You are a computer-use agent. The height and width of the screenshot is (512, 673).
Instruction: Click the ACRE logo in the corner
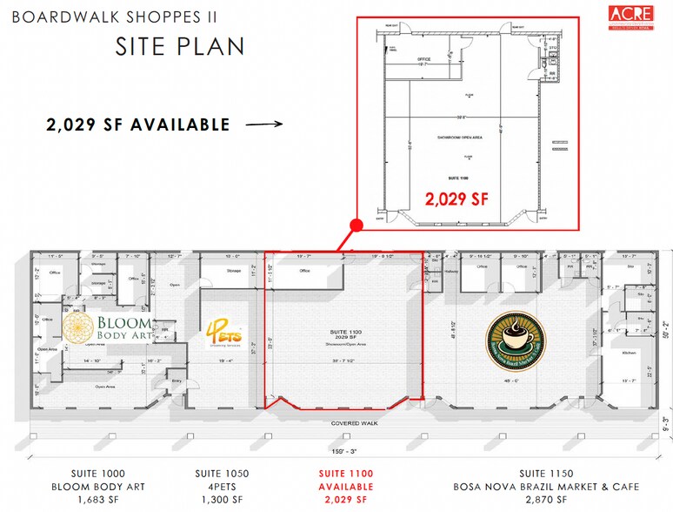tap(631, 18)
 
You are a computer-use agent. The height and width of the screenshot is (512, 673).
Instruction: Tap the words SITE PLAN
tap(179, 46)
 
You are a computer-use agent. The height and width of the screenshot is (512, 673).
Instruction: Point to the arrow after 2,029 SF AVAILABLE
tap(265, 125)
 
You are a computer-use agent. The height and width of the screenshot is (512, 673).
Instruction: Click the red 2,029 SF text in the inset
tap(456, 198)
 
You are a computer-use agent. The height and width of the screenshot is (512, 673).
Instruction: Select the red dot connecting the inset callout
tap(355, 226)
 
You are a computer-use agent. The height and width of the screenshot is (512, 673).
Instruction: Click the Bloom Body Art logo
tap(104, 329)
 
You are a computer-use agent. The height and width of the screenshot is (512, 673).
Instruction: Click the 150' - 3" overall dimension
tap(343, 452)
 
